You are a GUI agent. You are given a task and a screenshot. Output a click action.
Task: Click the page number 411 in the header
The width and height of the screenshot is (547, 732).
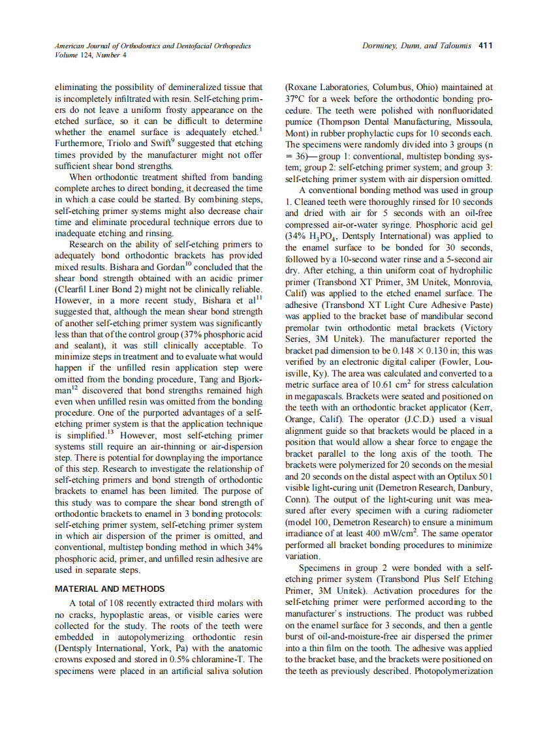pos(485,46)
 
